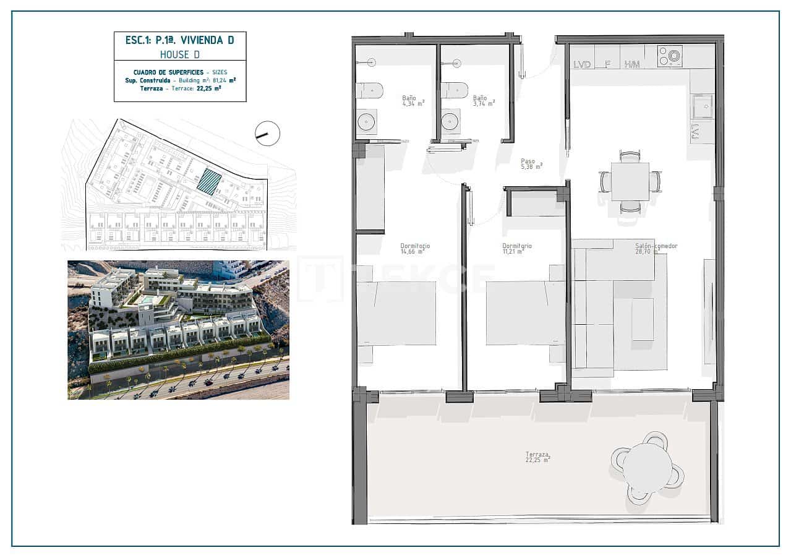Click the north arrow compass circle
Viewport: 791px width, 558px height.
click(x=267, y=133)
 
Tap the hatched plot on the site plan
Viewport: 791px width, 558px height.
click(x=209, y=183)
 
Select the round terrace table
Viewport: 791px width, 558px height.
click(x=647, y=466)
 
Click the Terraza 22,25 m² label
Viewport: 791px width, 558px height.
click(x=537, y=457)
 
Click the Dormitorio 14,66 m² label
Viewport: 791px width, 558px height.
click(x=415, y=249)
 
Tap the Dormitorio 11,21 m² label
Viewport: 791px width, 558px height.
click(x=517, y=249)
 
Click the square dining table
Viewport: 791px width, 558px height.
click(x=630, y=181)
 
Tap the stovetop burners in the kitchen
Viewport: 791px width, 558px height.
click(x=670, y=56)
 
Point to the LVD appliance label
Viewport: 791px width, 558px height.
click(x=582, y=64)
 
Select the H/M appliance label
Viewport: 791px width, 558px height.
click(x=631, y=64)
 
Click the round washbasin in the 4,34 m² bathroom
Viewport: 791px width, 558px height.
click(x=367, y=121)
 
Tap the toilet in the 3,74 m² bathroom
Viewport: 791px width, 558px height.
click(x=453, y=89)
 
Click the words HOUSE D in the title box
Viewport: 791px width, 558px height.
click(x=179, y=54)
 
